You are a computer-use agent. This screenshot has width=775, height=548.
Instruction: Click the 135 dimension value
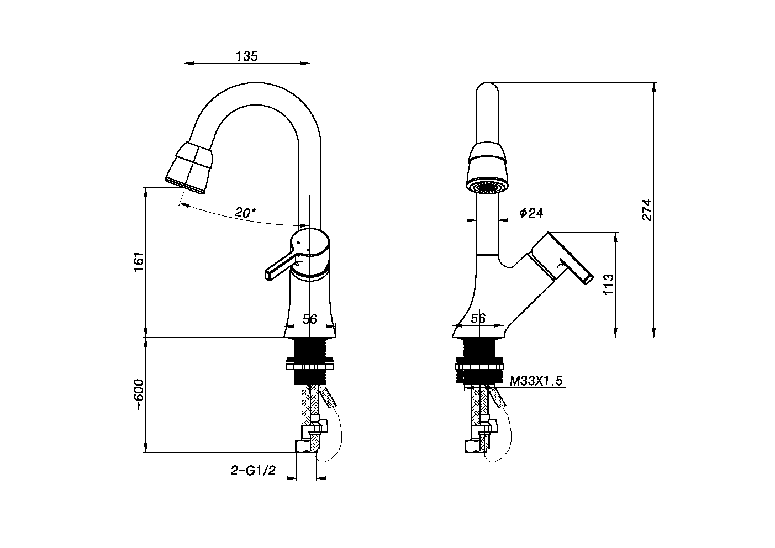[x=247, y=56]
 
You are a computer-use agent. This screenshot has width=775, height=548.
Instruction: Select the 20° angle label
[x=245, y=212]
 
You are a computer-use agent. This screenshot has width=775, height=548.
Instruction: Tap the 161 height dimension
[x=139, y=262]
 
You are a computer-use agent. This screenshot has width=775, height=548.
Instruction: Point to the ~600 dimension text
[x=139, y=395]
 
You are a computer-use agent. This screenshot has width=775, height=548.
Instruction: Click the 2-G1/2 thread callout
[x=253, y=470]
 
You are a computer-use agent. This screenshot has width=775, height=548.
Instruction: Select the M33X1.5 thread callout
[x=536, y=381]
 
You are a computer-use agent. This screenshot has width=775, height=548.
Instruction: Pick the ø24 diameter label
[x=531, y=213]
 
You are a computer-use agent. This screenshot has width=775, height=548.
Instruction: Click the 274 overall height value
[x=647, y=210]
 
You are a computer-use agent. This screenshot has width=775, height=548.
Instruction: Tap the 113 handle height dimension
[x=608, y=284]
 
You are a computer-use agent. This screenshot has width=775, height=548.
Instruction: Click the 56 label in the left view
[x=310, y=319]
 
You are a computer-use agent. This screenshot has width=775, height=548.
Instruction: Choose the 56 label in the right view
[x=478, y=318]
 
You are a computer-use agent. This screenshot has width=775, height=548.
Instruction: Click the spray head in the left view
[x=189, y=168]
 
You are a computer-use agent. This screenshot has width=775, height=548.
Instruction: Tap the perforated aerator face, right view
[x=488, y=187]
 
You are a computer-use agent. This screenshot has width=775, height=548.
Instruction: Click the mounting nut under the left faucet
[x=310, y=365]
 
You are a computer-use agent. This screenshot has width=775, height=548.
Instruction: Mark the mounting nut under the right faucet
[x=479, y=366]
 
